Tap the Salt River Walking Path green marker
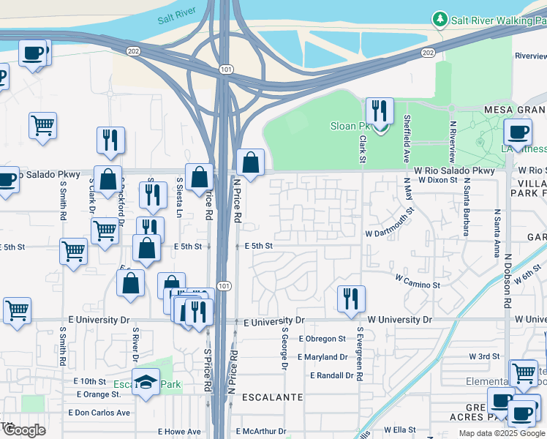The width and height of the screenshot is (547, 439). (x=440, y=18)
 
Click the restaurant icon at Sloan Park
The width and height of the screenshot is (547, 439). (x=380, y=111)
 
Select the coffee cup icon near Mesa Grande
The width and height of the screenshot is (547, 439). (x=518, y=132)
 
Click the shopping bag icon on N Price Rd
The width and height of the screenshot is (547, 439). (x=250, y=162)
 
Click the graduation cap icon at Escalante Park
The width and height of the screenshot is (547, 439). (x=146, y=382)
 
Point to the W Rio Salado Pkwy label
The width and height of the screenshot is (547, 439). (x=453, y=170)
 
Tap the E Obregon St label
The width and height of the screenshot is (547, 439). (x=322, y=339)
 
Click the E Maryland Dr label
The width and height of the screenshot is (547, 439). (x=322, y=357)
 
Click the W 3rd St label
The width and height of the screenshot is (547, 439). (x=483, y=356)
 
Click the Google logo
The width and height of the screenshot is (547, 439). (x=25, y=430)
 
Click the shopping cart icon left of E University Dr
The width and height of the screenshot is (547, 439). (x=17, y=309)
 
